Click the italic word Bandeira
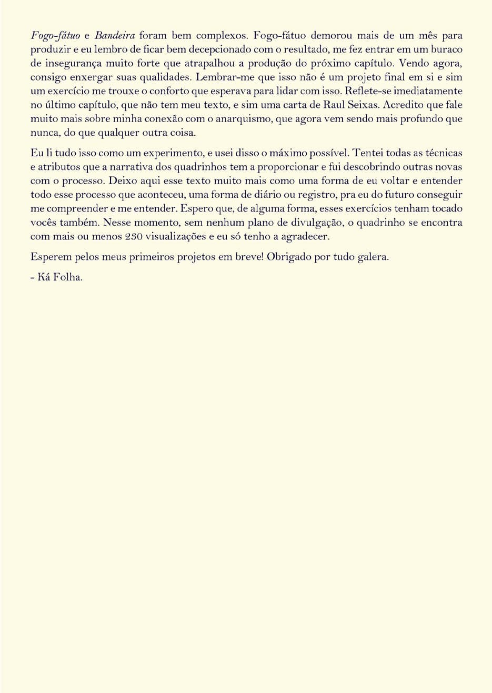[115, 36]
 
